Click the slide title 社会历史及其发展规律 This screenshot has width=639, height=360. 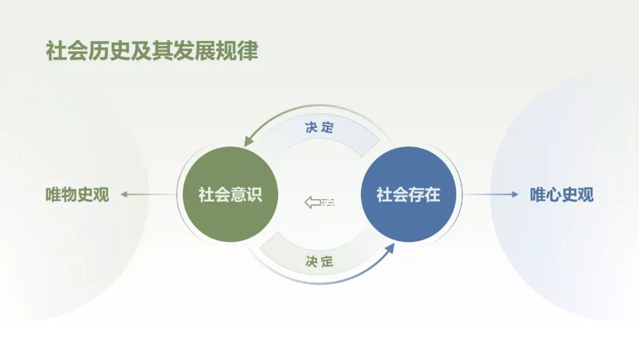[x=152, y=50]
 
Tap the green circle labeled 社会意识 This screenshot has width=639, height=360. [x=230, y=194]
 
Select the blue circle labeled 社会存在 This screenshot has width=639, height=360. [x=408, y=194]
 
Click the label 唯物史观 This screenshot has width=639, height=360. [x=77, y=194]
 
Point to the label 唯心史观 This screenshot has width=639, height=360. [x=562, y=194]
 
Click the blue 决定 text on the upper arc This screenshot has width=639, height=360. [x=319, y=127]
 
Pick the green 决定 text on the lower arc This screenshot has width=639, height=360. [x=319, y=261]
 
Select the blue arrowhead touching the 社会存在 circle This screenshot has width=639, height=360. [x=390, y=248]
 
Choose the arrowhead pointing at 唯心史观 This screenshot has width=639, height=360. [x=515, y=194]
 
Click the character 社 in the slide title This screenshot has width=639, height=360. [x=56, y=50]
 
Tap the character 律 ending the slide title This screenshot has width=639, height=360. [x=248, y=50]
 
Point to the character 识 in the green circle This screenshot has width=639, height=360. [x=254, y=194]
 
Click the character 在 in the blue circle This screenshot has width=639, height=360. [x=433, y=194]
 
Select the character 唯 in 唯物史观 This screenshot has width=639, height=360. [x=53, y=194]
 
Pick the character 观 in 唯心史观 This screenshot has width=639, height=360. [x=586, y=194]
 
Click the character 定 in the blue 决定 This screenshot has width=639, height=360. [x=327, y=127]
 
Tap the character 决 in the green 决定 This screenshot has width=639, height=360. [x=312, y=261]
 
